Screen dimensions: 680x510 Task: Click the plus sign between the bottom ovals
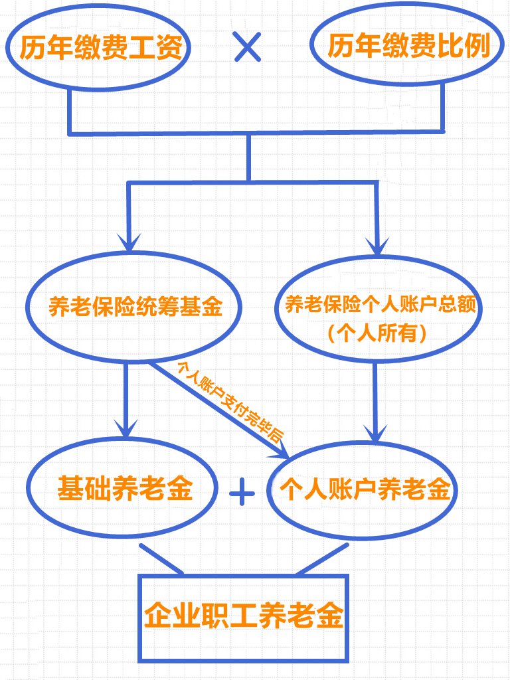[242, 492]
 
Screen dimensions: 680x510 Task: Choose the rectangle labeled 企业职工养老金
[243, 616]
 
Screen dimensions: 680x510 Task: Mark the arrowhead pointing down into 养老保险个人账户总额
[378, 244]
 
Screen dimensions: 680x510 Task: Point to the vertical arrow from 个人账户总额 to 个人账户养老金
[377, 392]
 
